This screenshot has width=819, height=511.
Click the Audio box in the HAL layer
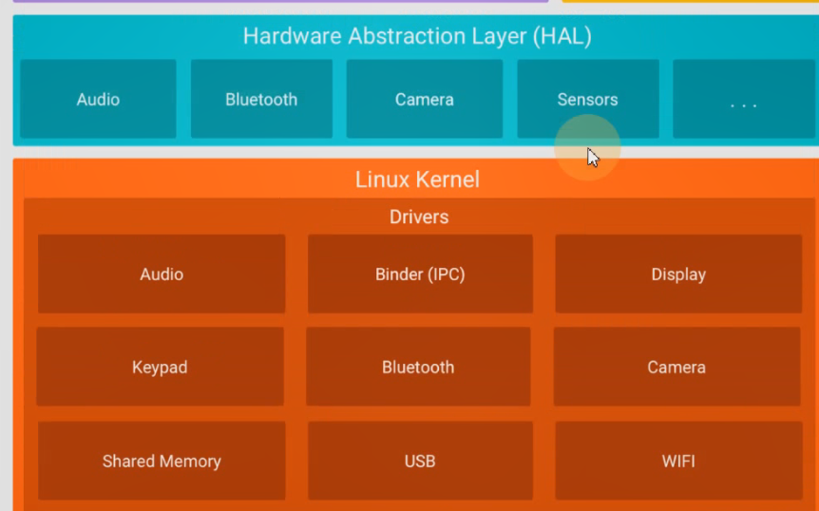(x=98, y=99)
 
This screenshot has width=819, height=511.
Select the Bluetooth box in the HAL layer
(x=261, y=99)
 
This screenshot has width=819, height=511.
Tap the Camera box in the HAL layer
(x=424, y=99)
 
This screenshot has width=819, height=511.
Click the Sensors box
(x=587, y=99)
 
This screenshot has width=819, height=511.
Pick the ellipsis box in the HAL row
(x=743, y=99)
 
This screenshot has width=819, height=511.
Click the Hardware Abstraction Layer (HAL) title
(x=417, y=36)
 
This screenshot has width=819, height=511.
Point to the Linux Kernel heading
(x=417, y=180)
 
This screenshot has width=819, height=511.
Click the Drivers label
(x=419, y=217)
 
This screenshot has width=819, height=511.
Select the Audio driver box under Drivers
(x=162, y=274)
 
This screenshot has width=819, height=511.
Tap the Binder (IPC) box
(x=420, y=274)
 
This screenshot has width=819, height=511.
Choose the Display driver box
(x=678, y=274)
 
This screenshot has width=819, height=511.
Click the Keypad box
(x=160, y=367)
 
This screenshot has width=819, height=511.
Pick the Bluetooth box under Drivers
(x=418, y=367)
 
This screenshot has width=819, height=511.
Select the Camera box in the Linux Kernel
(x=676, y=367)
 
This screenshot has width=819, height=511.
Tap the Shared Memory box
(x=162, y=461)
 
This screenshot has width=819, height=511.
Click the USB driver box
(x=420, y=461)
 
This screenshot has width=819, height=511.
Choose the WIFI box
(x=678, y=461)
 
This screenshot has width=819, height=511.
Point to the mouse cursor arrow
(x=592, y=157)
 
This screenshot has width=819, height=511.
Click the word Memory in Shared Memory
(x=189, y=461)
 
